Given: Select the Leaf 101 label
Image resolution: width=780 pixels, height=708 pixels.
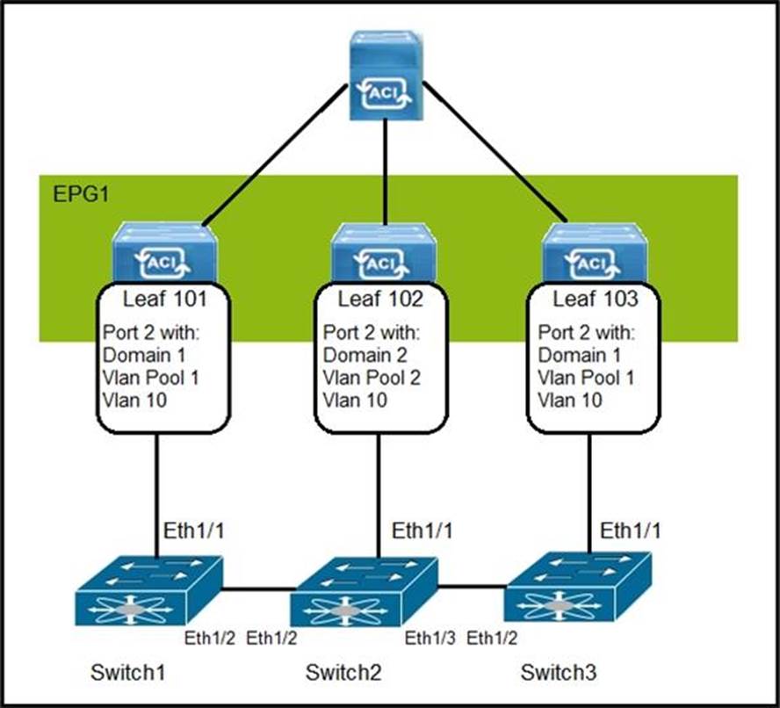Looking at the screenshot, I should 165,300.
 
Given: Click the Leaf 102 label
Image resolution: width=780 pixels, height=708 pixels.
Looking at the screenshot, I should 380,300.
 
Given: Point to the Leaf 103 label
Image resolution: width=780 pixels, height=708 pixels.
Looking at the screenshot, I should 594,300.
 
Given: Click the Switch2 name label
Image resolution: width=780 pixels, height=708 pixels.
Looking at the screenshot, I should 344,674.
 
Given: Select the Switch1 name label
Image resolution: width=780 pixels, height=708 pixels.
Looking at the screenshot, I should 128,674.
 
